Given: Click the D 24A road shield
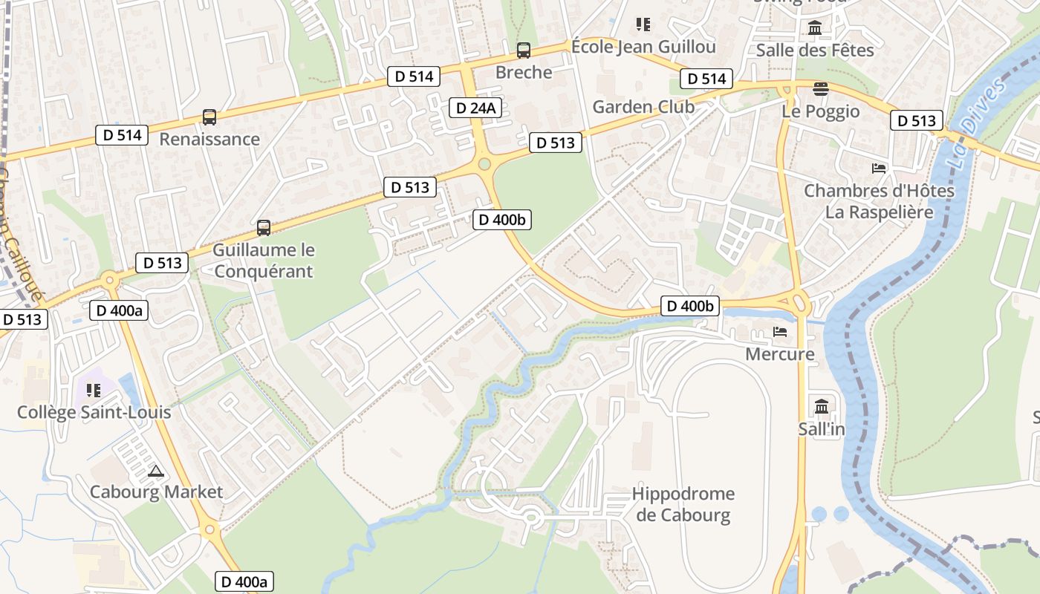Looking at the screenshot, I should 475,108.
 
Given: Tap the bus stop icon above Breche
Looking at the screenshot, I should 524,50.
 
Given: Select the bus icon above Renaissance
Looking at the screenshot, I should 209,117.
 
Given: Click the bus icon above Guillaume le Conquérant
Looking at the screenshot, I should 263,228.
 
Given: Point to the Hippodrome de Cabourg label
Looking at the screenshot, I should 683,504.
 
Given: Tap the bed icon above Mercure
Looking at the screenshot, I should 780,332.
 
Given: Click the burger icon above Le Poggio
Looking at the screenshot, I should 820,89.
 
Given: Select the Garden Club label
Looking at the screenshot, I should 643,107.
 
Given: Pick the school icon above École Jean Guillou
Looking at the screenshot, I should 643,25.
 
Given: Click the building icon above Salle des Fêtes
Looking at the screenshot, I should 815,28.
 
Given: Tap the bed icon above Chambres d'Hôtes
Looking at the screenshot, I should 879,168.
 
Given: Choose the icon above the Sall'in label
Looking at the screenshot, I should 822,406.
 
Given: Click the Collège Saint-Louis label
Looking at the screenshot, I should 94,412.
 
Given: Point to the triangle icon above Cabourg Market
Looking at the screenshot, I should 155,470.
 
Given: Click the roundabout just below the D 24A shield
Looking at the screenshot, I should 485,163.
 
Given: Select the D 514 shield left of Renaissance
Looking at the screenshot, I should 122,135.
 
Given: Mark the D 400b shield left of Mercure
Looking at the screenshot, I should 690,306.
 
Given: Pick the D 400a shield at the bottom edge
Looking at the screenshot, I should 244,581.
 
